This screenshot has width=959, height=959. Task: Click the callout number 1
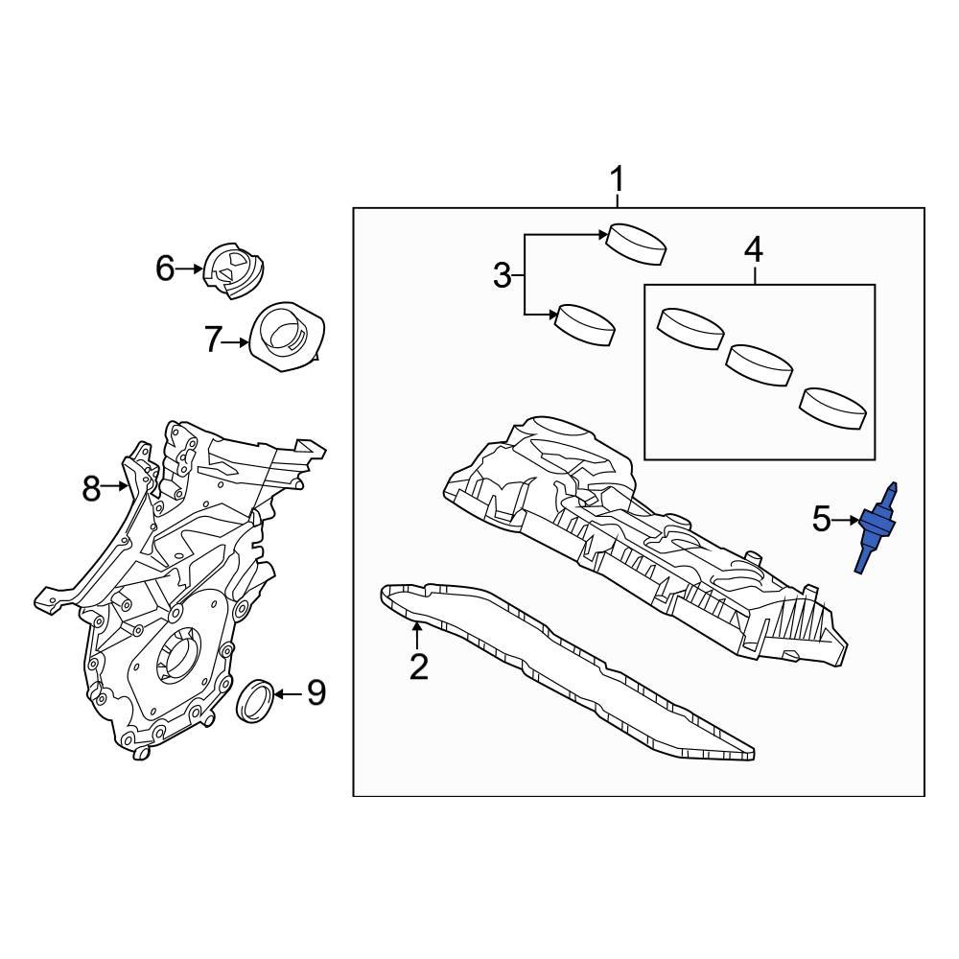(618, 179)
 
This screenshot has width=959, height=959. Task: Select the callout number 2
(418, 666)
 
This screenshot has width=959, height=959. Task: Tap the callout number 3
(503, 276)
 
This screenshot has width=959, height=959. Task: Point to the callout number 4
(754, 250)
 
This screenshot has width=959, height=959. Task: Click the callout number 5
(822, 520)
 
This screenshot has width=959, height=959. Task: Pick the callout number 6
(165, 269)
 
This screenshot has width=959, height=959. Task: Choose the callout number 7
(213, 339)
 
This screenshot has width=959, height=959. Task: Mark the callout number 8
(91, 489)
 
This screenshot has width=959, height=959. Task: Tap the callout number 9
(316, 691)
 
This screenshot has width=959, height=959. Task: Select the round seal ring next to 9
(256, 700)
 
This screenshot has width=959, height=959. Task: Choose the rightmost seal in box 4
(835, 406)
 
